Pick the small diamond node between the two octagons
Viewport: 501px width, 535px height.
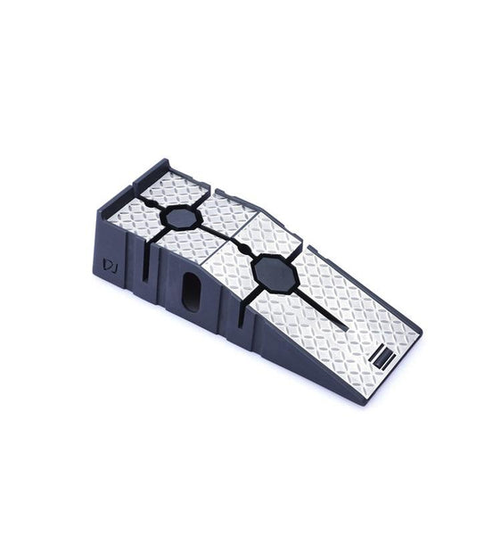pos(244,244)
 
